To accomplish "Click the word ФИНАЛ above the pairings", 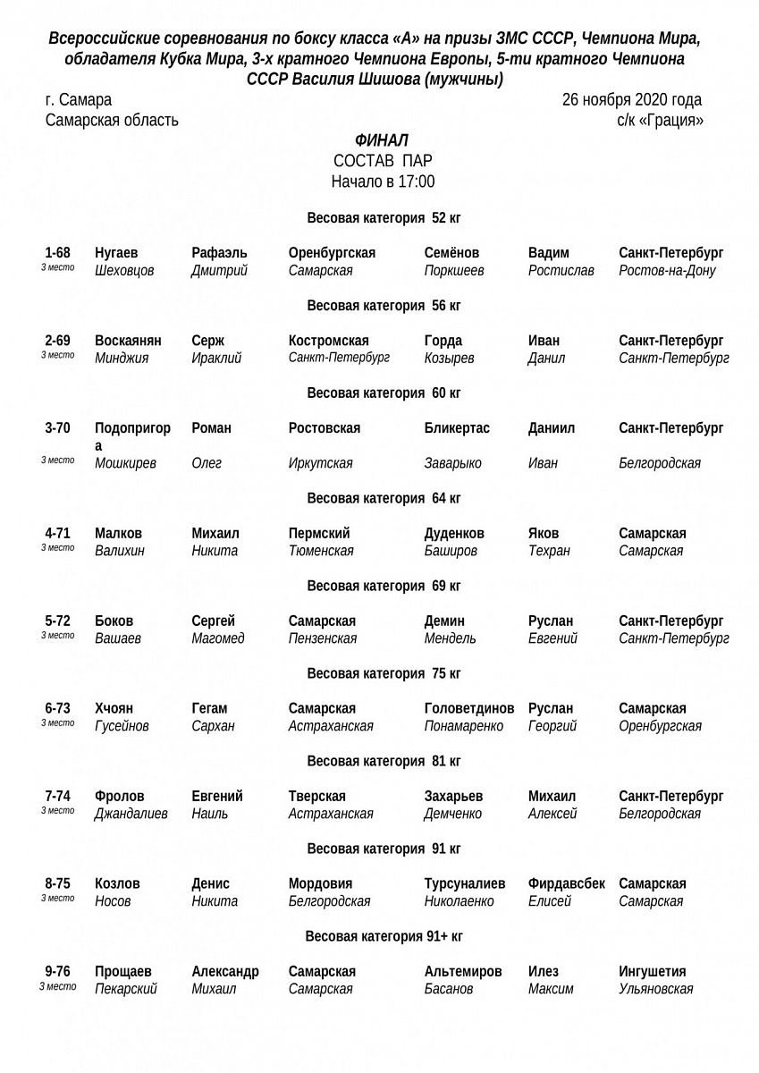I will click(x=382, y=140).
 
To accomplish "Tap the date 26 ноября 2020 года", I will click(x=631, y=100).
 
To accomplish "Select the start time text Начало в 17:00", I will click(x=383, y=182).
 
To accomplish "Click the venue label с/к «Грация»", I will click(x=660, y=120).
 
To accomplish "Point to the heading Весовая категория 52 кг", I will click(x=384, y=218).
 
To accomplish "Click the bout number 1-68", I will click(x=57, y=253).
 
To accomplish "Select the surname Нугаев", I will click(x=116, y=253).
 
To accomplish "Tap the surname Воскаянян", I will click(x=128, y=341).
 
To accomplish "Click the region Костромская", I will click(x=329, y=341).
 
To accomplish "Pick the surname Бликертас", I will click(x=457, y=428).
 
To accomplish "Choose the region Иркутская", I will click(x=320, y=463).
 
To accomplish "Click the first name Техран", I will click(x=549, y=551).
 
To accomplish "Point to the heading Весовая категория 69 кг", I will click(x=384, y=587).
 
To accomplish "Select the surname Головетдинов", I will click(x=469, y=709).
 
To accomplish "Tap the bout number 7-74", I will click(x=57, y=797).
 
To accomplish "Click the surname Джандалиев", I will click(x=131, y=814).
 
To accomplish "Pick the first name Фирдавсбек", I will click(x=567, y=884).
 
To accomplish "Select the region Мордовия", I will click(x=320, y=884).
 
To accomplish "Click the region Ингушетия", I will click(x=653, y=972).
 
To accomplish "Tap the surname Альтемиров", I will click(x=463, y=972).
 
